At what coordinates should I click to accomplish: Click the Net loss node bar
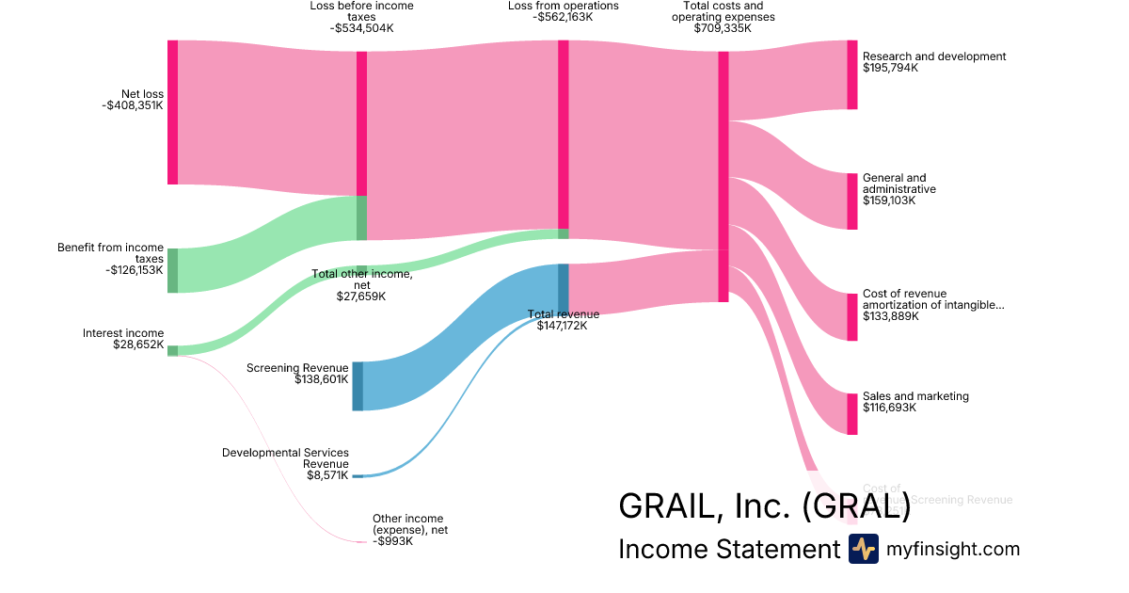click(x=172, y=112)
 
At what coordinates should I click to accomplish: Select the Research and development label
click(x=933, y=56)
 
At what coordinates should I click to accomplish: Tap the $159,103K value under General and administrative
click(x=890, y=200)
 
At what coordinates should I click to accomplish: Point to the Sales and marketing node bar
click(x=852, y=414)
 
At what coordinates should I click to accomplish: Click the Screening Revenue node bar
click(x=358, y=386)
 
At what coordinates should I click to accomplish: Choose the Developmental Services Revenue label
click(x=285, y=458)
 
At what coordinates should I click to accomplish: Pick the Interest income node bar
click(x=172, y=351)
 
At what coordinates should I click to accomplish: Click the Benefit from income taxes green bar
click(x=172, y=270)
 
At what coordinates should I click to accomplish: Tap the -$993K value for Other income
click(x=392, y=541)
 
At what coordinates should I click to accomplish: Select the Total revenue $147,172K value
click(x=562, y=326)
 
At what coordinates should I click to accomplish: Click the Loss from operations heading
click(x=563, y=6)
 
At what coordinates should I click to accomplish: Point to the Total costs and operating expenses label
click(x=723, y=11)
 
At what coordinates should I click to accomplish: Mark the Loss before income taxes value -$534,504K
click(x=361, y=28)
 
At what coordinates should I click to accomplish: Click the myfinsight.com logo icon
click(x=863, y=549)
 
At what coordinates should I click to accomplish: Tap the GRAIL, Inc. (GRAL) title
click(x=764, y=506)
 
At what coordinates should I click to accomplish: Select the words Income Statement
click(x=728, y=550)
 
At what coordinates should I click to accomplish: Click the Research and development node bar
click(x=852, y=74)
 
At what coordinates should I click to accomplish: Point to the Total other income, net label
click(x=361, y=280)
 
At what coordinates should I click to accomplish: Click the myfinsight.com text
click(x=952, y=550)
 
